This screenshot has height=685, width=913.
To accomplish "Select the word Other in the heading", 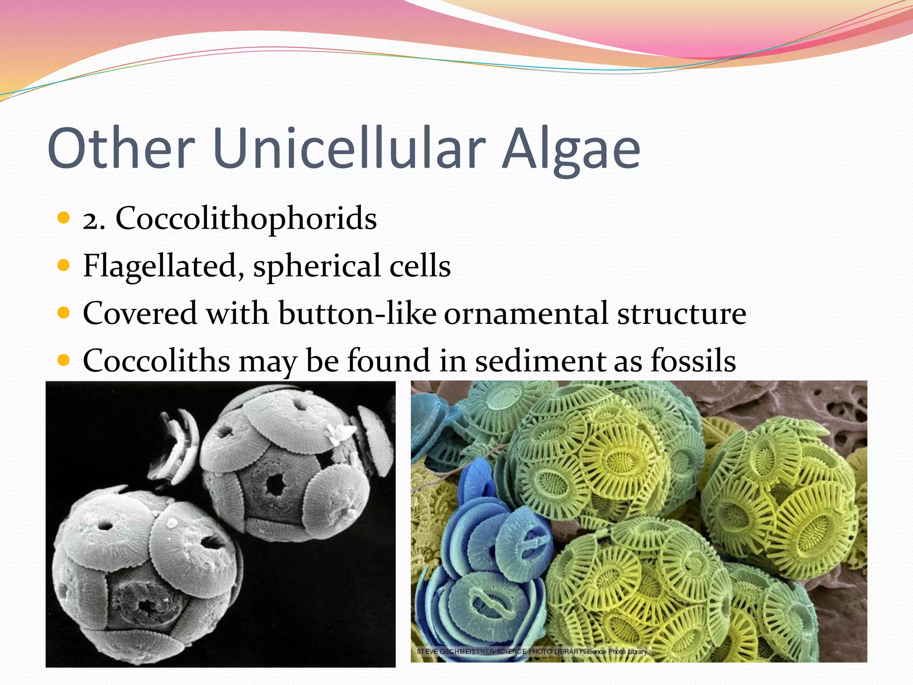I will [x=121, y=149].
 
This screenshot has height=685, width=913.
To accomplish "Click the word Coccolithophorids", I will [x=246, y=219].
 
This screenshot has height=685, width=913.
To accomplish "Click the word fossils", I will [x=693, y=360].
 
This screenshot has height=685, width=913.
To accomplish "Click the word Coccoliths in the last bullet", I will [x=156, y=360].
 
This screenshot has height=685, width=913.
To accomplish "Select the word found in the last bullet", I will [x=388, y=360].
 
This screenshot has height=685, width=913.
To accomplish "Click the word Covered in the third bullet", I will [x=140, y=313].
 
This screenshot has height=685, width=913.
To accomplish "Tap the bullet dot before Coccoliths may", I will [x=64, y=360].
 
